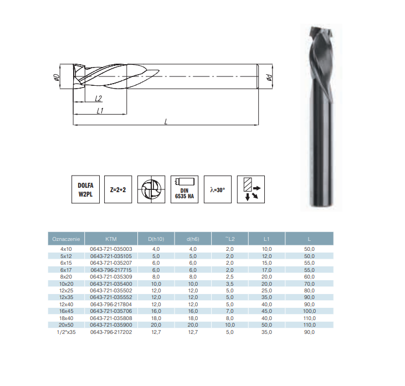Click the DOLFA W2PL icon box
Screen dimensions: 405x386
[x=85, y=189]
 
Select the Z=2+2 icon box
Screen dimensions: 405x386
[x=118, y=189]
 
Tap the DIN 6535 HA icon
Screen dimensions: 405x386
[x=184, y=189]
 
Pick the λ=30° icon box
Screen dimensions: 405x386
[x=218, y=189]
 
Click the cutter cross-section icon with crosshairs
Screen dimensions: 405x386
[x=151, y=189]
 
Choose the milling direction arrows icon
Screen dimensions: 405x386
[x=251, y=189]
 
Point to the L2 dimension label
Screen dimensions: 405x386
[x=99, y=98]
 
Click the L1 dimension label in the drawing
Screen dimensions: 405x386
[x=100, y=111]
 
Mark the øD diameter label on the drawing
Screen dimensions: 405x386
[x=56, y=77]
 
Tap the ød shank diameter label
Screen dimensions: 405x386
[x=269, y=76]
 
